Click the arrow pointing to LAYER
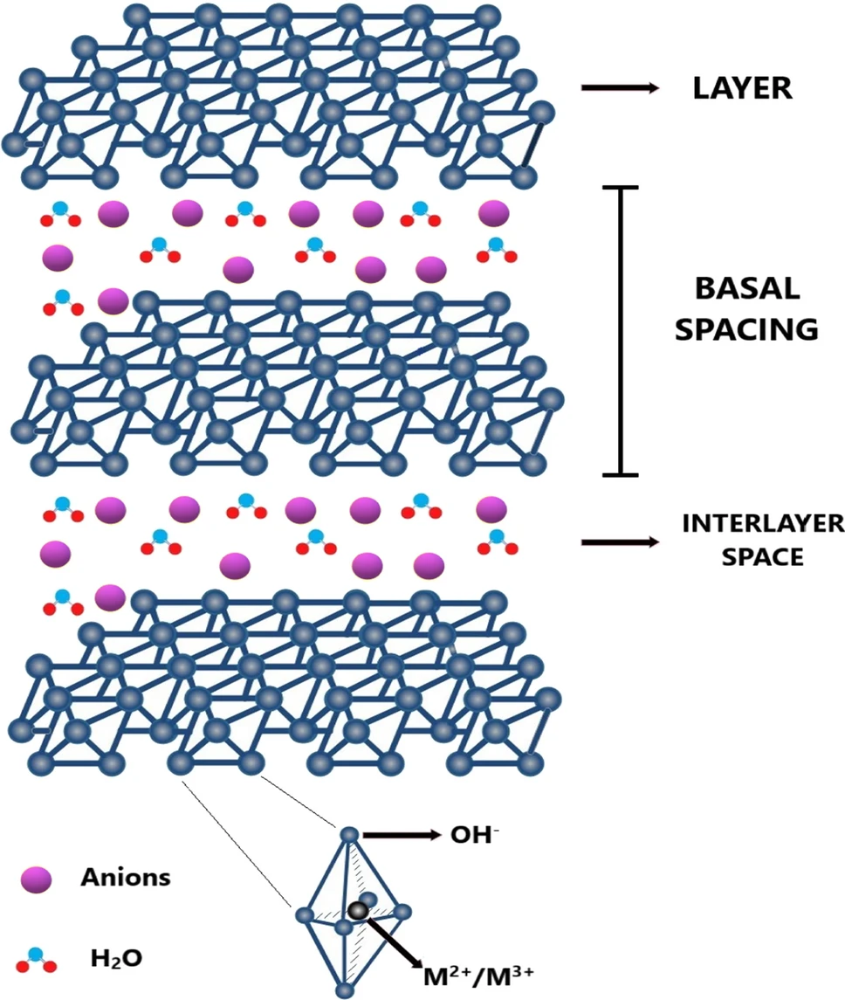tap(620, 88)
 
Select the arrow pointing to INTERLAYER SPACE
tap(620, 542)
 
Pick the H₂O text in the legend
tap(116, 959)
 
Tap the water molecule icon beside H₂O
tap(38, 960)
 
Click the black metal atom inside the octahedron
tap(356, 911)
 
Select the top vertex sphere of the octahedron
tap(349, 836)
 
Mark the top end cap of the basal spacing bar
tap(620, 187)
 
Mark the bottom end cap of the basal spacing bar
tap(620, 475)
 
